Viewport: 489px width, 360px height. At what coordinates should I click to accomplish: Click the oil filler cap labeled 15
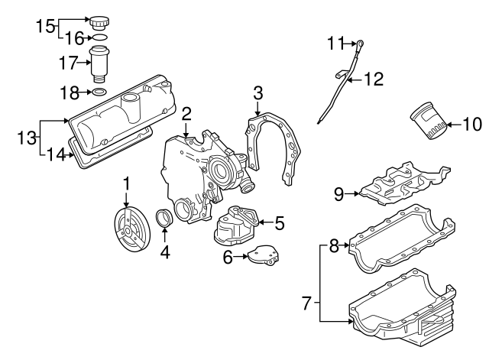pos(99,21)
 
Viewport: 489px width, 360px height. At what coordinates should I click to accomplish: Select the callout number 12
pos(373,77)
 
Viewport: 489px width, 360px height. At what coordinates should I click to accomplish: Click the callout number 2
pos(186,114)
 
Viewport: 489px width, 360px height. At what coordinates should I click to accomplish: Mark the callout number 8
pos(333,246)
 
